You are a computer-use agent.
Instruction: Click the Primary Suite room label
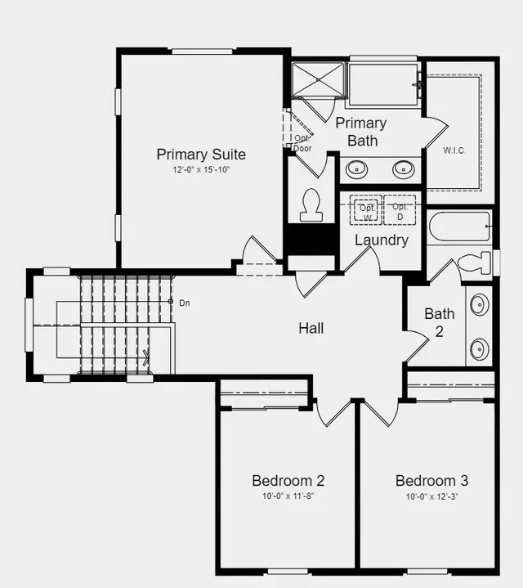coord(201,154)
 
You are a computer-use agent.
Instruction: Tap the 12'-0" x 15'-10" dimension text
coord(201,170)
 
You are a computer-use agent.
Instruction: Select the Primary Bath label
coord(361,132)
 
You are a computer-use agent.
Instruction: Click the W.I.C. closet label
coord(454,150)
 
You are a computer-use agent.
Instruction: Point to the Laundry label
coord(381,240)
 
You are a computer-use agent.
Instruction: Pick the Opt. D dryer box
coord(400,210)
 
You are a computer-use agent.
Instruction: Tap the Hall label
coord(311,328)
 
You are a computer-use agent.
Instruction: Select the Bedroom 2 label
coord(288,480)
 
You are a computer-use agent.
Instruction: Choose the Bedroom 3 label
coord(431,480)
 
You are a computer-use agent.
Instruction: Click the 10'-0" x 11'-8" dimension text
coord(288,496)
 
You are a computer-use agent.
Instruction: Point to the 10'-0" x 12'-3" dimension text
coord(431,496)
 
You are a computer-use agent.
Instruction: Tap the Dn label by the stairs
coord(186,303)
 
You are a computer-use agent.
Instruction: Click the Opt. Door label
coord(302,143)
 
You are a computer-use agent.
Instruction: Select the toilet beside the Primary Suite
coord(311,204)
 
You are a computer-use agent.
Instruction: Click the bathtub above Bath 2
coord(459,226)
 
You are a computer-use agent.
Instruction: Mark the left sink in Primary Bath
coord(356,169)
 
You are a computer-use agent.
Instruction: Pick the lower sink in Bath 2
coord(479,350)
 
